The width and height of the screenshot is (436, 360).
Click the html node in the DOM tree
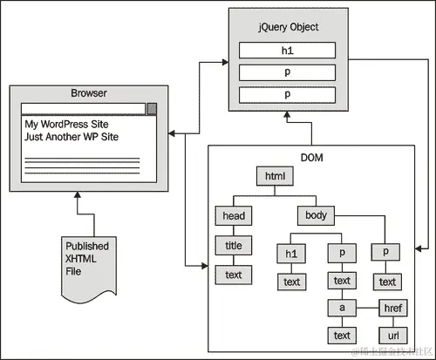coord(276,177)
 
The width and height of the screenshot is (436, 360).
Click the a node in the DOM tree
coord(342,308)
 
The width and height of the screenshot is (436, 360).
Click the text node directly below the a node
coord(342,335)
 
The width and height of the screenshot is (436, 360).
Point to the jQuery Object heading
coord(287,27)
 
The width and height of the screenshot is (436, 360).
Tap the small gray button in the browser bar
coord(152,109)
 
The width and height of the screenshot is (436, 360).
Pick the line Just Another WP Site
coord(72,137)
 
